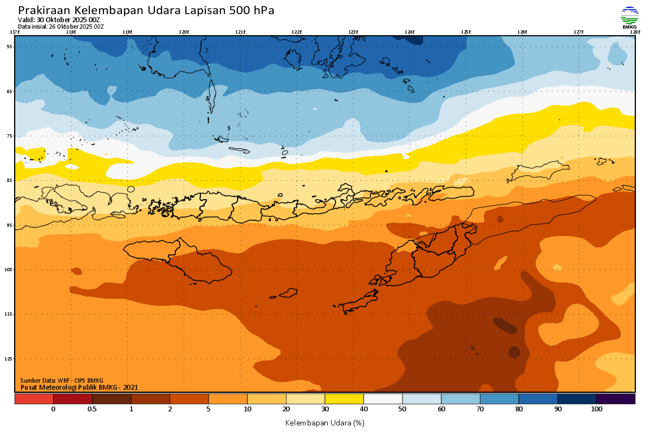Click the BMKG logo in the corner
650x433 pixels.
629,17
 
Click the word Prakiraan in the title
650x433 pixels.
44,10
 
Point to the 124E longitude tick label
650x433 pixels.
409,32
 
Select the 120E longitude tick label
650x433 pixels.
184,32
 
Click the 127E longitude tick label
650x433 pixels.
578,32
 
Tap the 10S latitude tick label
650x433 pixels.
9,270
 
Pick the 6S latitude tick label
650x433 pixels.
9,91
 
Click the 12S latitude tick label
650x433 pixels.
9,359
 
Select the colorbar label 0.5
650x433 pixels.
92,409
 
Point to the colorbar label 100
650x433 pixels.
596,409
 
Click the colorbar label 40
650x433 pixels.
363,409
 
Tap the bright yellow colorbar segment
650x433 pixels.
344,399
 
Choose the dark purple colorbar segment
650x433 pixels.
615,399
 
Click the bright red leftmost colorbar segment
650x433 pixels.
34,399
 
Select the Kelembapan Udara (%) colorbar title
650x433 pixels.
324,422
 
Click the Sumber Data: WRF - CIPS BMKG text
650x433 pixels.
62,380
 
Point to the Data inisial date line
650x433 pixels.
61,26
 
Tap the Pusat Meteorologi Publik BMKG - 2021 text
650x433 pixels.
79,387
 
